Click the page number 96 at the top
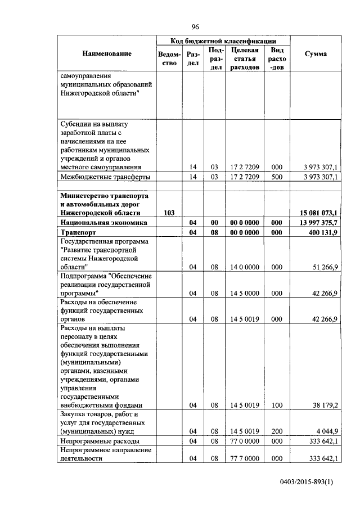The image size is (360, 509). [x=195, y=26]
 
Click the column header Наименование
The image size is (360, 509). [x=107, y=53]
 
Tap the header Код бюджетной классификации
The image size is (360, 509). [x=223, y=41]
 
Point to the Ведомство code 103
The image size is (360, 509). [x=168, y=213]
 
